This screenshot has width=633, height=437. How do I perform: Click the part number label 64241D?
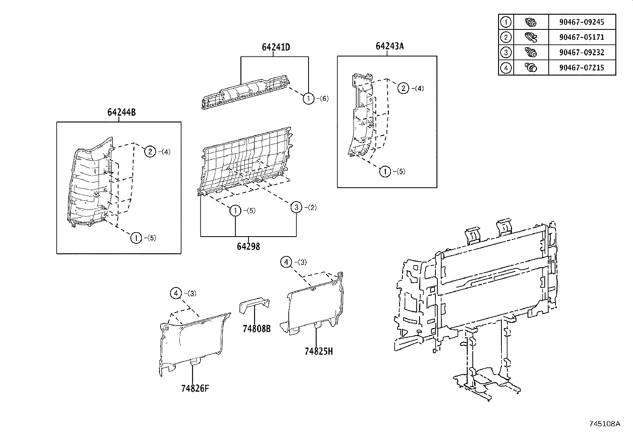[276, 47]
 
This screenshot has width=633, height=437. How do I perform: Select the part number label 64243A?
[389, 46]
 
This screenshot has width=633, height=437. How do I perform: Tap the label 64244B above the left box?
[121, 113]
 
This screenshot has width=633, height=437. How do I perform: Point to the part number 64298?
[248, 247]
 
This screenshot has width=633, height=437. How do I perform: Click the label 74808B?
[257, 329]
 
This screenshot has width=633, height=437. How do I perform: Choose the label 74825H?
[318, 352]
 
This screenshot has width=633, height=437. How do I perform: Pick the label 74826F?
[195, 388]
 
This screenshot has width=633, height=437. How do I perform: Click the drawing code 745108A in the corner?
[604, 423]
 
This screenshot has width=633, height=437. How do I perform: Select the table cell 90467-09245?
[581, 22]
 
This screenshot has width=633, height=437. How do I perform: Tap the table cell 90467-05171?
[581, 37]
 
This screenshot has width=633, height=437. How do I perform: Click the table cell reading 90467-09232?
[581, 52]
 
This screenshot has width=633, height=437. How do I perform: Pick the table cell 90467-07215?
[581, 68]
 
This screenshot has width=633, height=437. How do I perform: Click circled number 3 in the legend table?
[506, 52]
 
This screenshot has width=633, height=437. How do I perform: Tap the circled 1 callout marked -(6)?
[309, 98]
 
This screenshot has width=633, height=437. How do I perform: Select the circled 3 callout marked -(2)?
[296, 207]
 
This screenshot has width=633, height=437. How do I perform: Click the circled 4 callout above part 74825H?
[286, 262]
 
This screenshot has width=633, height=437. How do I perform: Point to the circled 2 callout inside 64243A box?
[403, 88]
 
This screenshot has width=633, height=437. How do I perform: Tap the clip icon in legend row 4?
[530, 68]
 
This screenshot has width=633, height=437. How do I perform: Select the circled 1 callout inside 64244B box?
[136, 238]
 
